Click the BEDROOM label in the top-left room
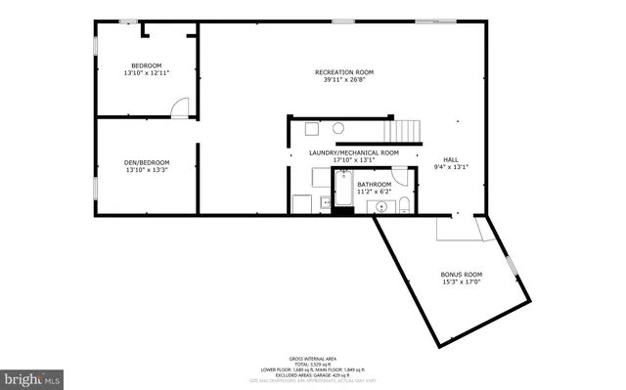[146, 65]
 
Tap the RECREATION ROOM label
[343, 72]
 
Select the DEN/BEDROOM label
[148, 162]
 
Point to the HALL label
[451, 159]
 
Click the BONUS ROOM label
[462, 274]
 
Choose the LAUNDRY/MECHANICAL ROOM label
[353, 152]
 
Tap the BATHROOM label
[374, 184]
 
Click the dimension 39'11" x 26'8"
[343, 80]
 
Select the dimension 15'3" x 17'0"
[462, 282]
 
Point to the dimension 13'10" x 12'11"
[146, 73]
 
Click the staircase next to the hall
[402, 130]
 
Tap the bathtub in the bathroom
[343, 188]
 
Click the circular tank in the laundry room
[337, 128]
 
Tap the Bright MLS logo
[33, 377]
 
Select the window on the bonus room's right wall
[511, 266]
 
